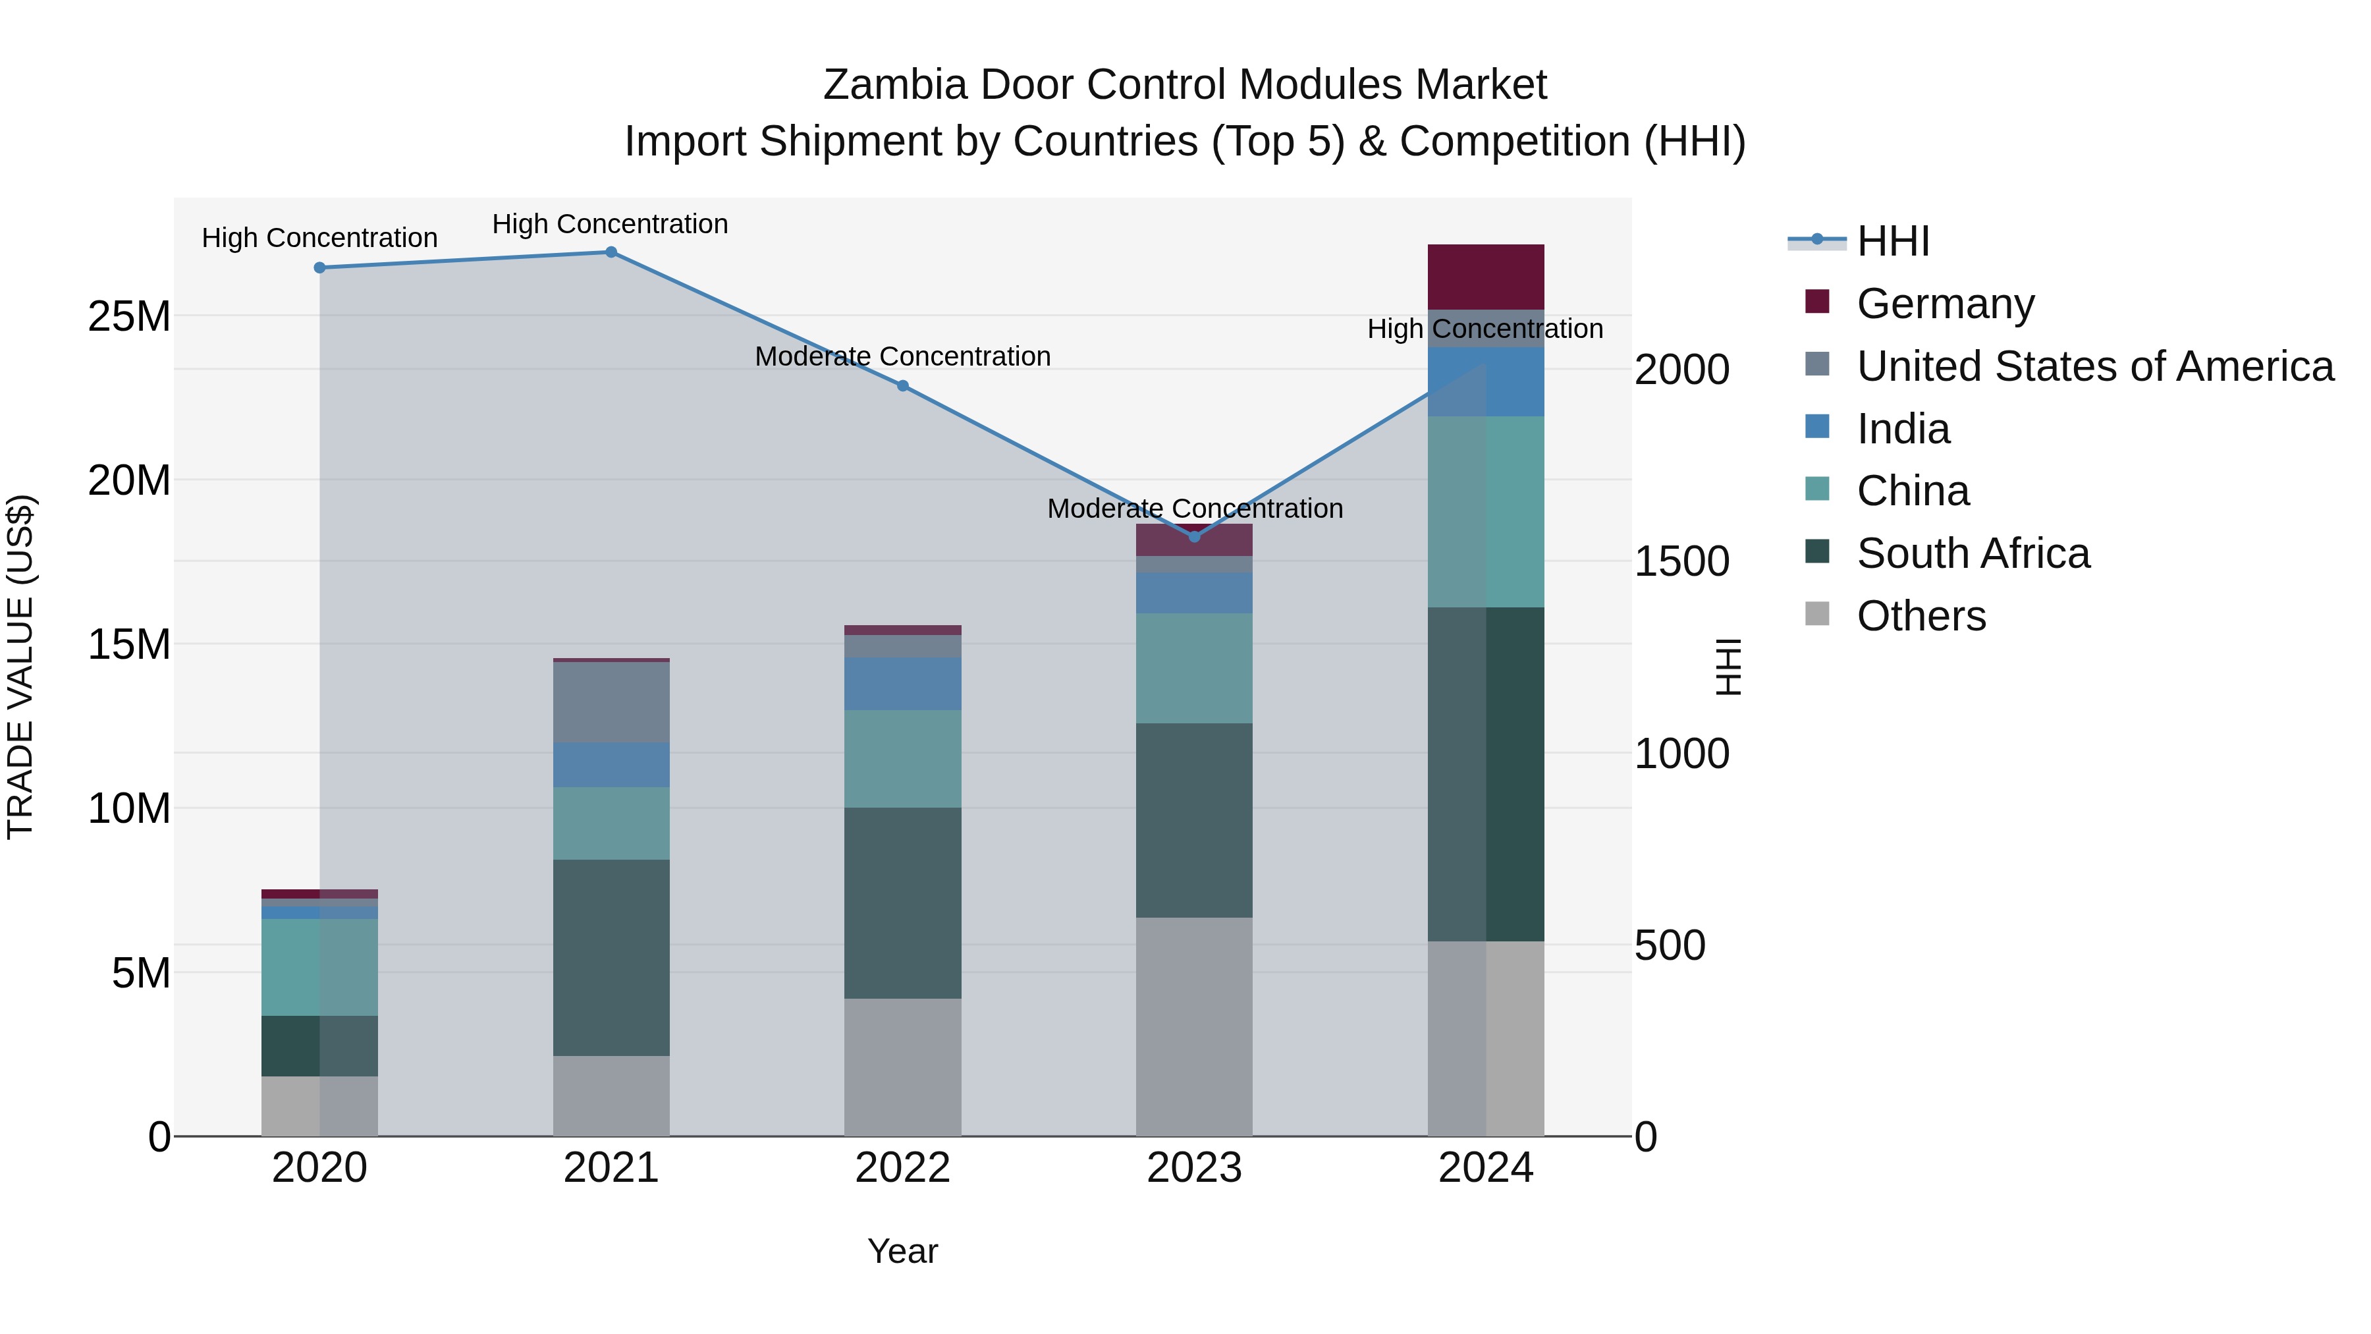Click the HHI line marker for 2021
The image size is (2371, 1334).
tap(611, 252)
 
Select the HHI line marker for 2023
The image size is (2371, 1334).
tap(1195, 537)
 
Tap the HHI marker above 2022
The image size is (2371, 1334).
tap(903, 386)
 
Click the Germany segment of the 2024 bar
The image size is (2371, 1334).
tap(1486, 277)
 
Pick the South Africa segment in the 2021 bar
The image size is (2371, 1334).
tap(611, 957)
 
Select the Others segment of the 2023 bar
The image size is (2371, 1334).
tap(1194, 1026)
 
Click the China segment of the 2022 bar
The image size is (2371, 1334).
tap(903, 759)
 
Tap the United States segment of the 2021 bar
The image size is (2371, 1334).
tap(611, 702)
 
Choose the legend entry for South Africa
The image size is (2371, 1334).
tap(1973, 553)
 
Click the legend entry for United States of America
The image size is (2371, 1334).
tap(2094, 366)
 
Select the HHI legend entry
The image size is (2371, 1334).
tap(1892, 241)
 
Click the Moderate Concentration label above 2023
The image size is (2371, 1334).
tap(1195, 508)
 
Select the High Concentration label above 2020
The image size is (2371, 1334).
tap(319, 238)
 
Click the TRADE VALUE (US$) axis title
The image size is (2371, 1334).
tap(20, 667)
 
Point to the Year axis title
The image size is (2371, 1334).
tap(902, 1251)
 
